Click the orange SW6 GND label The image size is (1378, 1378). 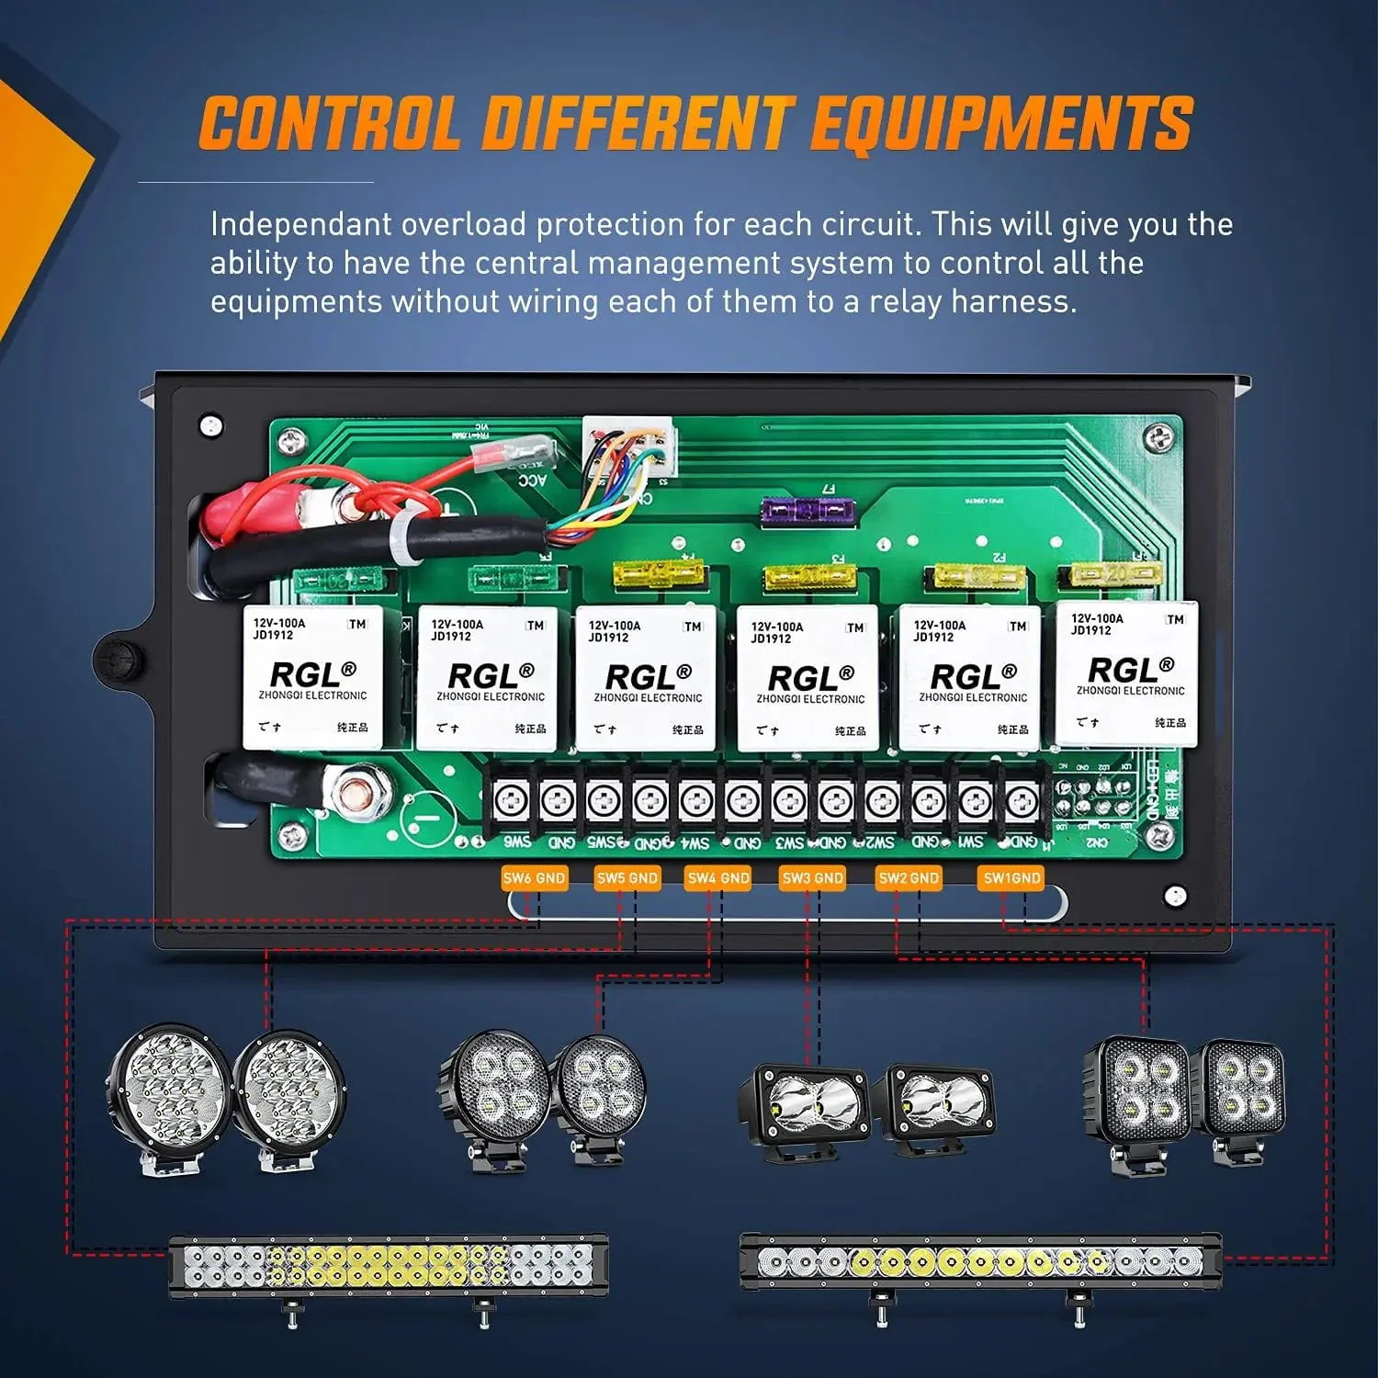tap(534, 878)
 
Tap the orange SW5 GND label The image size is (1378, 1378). tap(627, 878)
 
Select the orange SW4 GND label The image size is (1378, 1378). tap(718, 878)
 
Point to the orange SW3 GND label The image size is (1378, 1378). tap(812, 878)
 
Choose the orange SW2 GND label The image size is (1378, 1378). tap(909, 878)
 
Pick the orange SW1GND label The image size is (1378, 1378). tap(1011, 878)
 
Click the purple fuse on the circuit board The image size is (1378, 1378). tap(808, 510)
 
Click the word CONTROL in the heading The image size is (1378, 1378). tap(329, 124)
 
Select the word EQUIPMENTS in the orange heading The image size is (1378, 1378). tap(1001, 124)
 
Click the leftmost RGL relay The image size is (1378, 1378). tap(312, 677)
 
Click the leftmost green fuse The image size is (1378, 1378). tap(337, 580)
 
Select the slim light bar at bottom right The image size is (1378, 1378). tap(980, 1264)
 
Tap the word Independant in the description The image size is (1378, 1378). tap(298, 225)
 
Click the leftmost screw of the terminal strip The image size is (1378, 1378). tap(511, 801)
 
